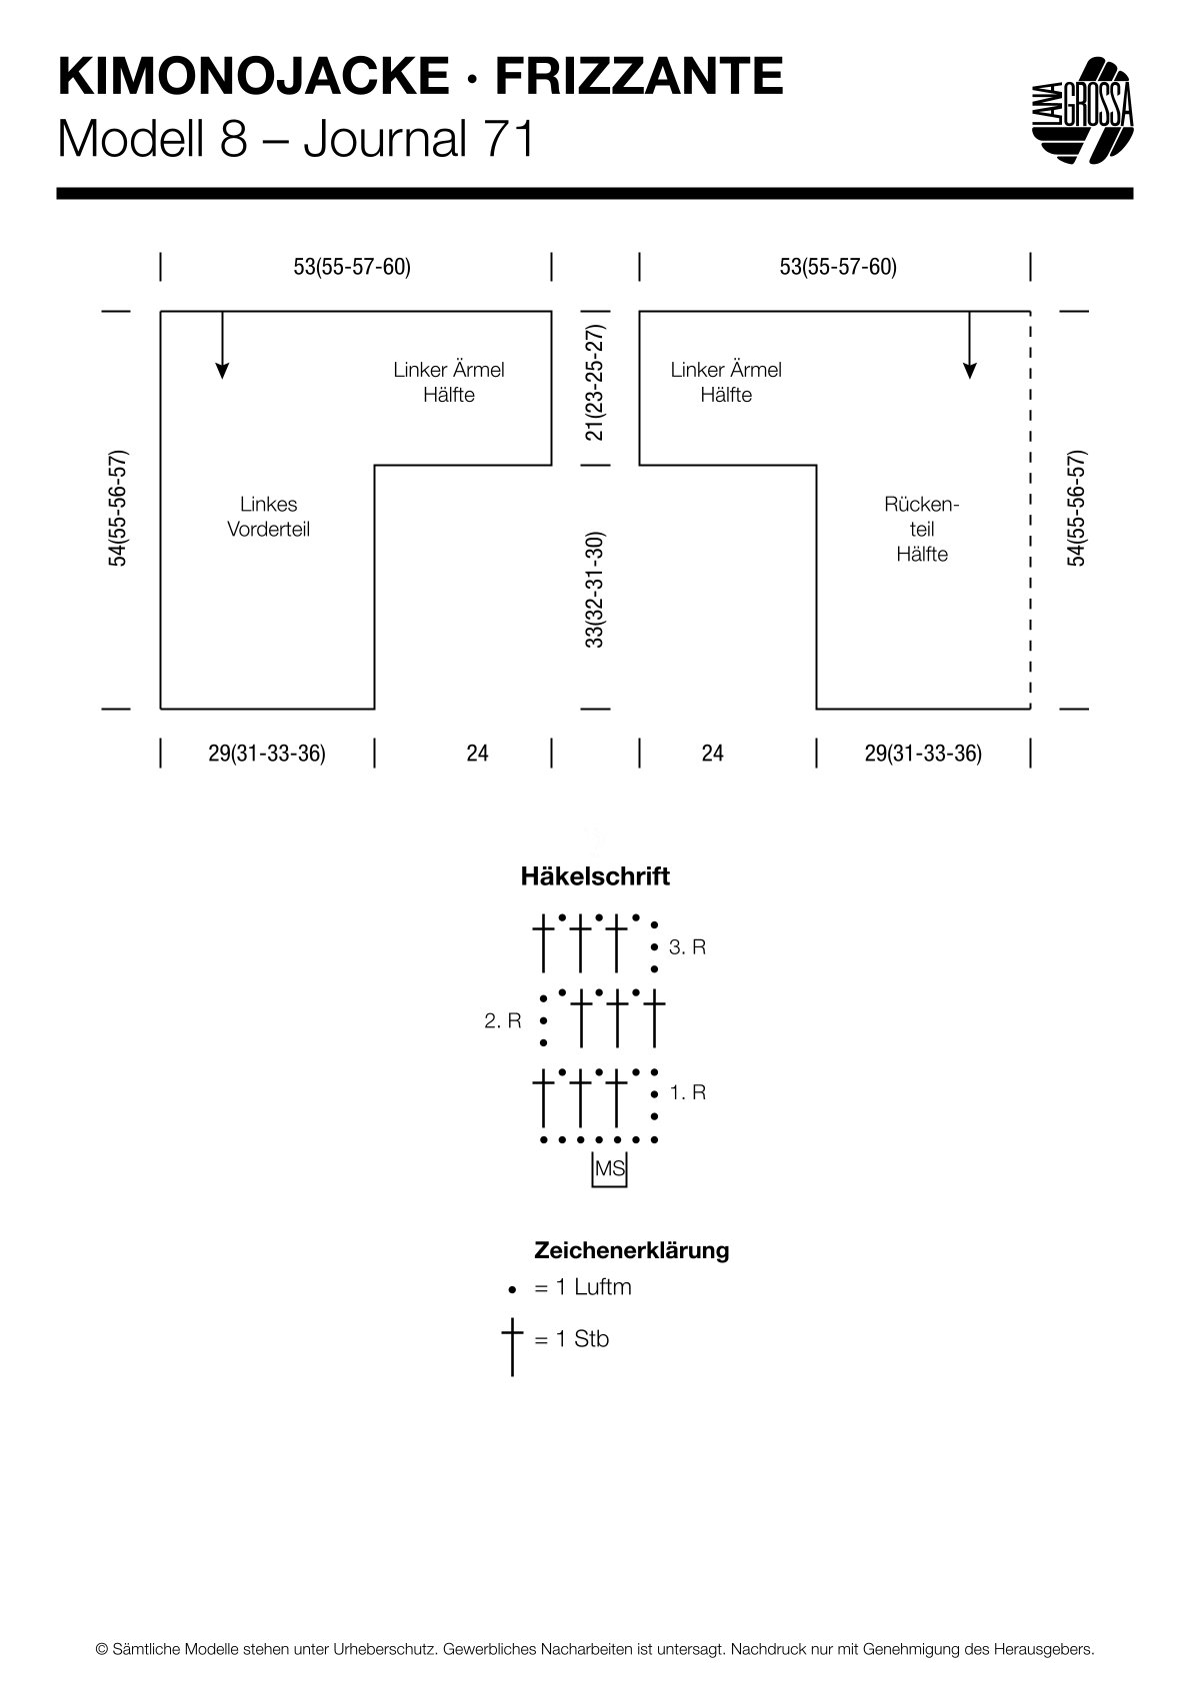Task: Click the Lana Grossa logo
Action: (x=1083, y=110)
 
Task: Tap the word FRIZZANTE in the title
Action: (x=639, y=77)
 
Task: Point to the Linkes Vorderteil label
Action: (x=268, y=517)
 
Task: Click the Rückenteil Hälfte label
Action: (x=922, y=529)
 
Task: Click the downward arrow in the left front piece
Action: (x=222, y=345)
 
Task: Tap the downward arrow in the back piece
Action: (x=970, y=345)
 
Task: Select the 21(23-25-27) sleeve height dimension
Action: (x=594, y=382)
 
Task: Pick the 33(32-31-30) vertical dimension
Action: (x=594, y=590)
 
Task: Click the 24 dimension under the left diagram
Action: (x=477, y=754)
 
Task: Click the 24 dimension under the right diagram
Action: (x=712, y=754)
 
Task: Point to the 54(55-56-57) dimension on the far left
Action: (x=118, y=508)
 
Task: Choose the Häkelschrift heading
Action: (x=595, y=876)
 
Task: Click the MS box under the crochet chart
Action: (x=609, y=1168)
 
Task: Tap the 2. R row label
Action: (x=503, y=1020)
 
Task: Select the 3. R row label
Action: (x=687, y=947)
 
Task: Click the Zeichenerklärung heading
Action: (x=632, y=1250)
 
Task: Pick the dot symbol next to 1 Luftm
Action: (x=512, y=1290)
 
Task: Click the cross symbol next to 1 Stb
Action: (x=512, y=1345)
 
